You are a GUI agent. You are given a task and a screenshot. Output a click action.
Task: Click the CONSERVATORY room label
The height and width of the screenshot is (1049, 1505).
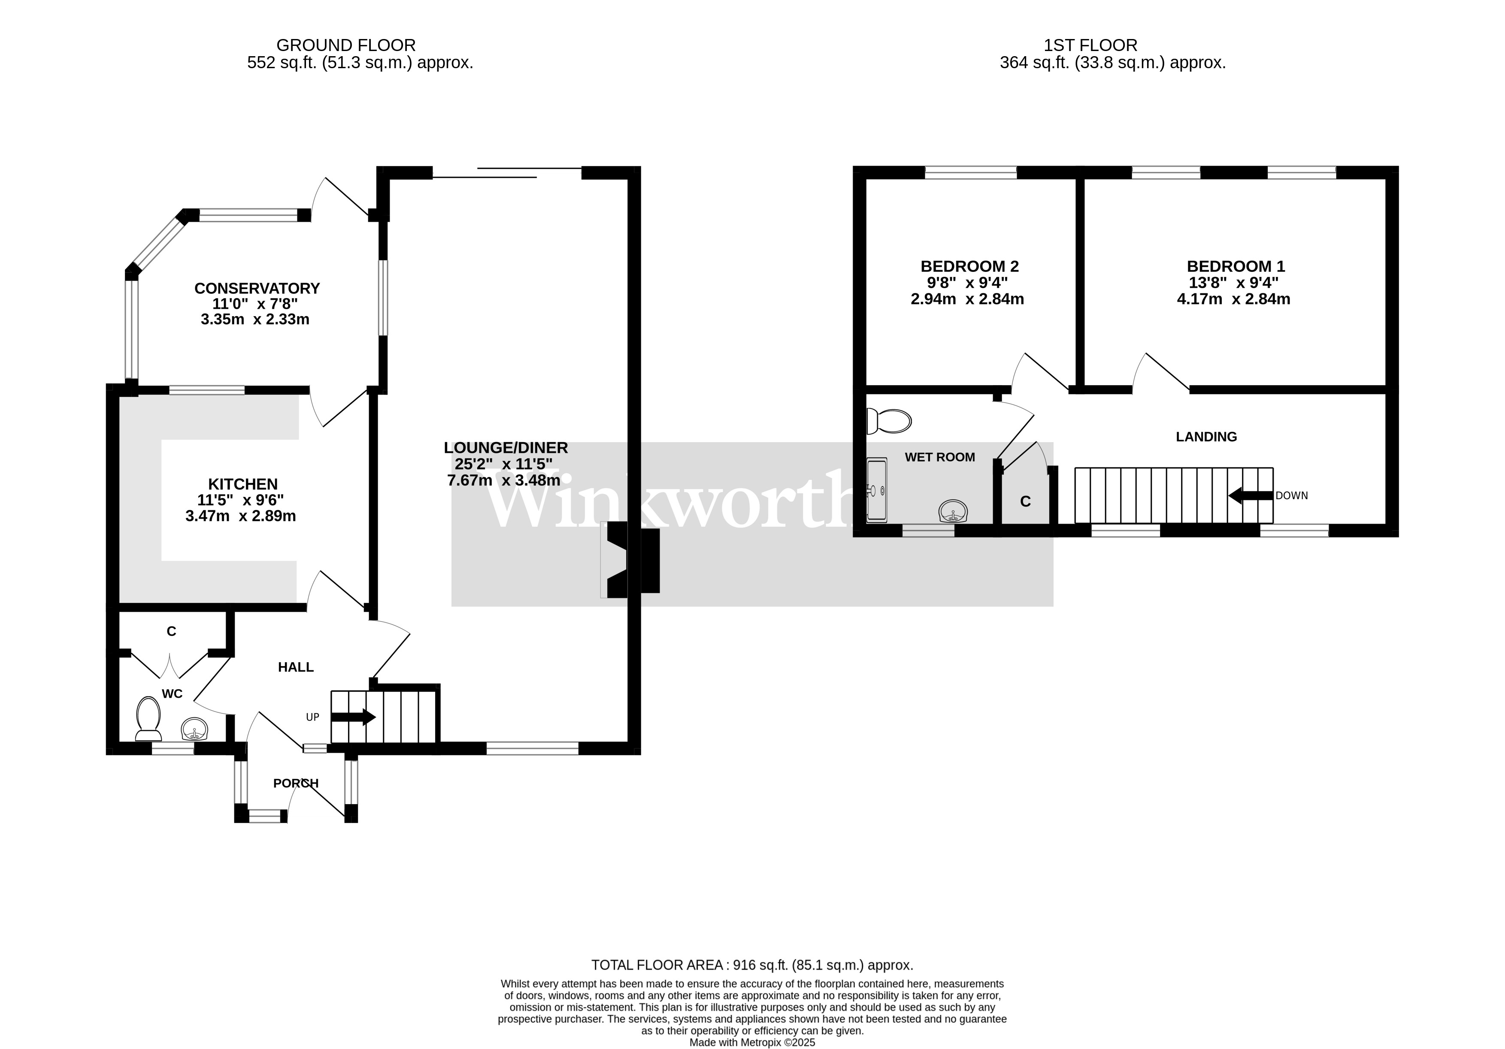click(x=257, y=288)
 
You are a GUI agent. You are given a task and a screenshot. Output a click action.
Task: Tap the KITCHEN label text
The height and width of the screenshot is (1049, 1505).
click(x=242, y=484)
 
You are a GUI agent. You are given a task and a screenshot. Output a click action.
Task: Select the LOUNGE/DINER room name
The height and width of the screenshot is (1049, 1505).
click(x=506, y=447)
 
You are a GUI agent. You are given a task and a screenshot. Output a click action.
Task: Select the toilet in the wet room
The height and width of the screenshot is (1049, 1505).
click(x=888, y=421)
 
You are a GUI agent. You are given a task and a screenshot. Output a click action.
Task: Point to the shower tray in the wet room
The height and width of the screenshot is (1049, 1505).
click(x=876, y=490)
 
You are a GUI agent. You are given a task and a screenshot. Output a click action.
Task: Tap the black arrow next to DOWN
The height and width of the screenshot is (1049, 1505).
click(x=1251, y=495)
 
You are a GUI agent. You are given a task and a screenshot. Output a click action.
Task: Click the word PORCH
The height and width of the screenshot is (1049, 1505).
click(x=296, y=783)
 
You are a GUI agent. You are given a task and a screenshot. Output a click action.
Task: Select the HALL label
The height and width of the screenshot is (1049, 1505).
click(x=296, y=667)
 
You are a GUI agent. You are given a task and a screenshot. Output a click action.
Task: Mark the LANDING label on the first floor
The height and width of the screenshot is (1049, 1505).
click(x=1206, y=437)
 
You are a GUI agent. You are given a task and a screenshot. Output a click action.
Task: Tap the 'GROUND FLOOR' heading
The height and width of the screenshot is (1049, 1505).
click(x=345, y=45)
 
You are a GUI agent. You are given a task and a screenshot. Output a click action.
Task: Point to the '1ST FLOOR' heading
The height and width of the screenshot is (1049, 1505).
click(x=1090, y=45)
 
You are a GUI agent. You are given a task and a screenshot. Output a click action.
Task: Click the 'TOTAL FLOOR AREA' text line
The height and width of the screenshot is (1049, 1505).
click(x=752, y=965)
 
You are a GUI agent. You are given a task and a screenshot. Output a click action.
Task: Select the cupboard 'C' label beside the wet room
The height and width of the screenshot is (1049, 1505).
click(x=1025, y=502)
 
